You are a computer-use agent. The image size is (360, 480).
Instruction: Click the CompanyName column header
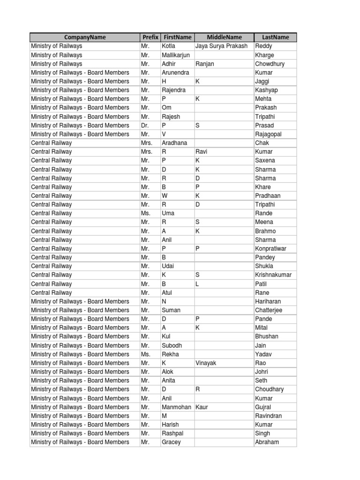point(85,37)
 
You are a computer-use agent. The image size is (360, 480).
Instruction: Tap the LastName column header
point(275,37)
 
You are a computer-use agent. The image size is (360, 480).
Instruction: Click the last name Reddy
point(263,46)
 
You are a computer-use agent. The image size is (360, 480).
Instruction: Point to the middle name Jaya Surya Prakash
point(221,46)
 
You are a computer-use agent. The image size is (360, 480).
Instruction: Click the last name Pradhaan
point(269,196)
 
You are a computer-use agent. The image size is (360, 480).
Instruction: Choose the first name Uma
point(168,213)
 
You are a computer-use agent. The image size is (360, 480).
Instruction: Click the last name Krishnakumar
point(273,275)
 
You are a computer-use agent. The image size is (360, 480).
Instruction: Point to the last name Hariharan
point(269,301)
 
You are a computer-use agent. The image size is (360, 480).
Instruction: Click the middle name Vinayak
point(206,363)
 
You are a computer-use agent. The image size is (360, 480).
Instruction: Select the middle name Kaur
point(202,407)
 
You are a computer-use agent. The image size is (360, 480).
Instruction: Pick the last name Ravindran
point(269,416)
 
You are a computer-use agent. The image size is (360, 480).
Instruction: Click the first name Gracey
point(171,442)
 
